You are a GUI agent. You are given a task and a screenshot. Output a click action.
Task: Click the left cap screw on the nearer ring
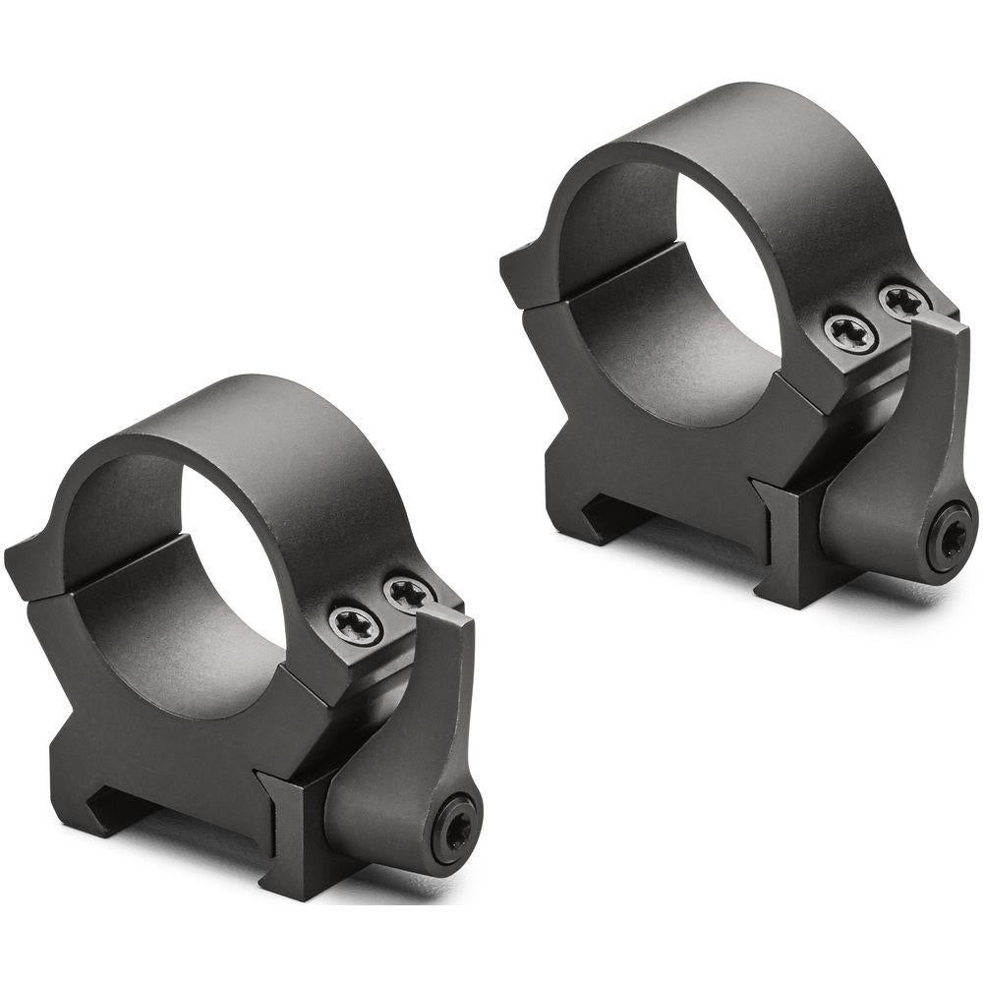pos(356,625)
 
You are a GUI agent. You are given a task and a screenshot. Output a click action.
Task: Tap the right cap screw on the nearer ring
pos(408,593)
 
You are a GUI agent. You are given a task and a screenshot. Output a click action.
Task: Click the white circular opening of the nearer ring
pos(236,570)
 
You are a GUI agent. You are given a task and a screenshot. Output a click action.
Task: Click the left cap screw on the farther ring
pos(850,332)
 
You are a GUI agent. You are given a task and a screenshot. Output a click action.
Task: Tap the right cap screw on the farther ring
pos(903,301)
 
